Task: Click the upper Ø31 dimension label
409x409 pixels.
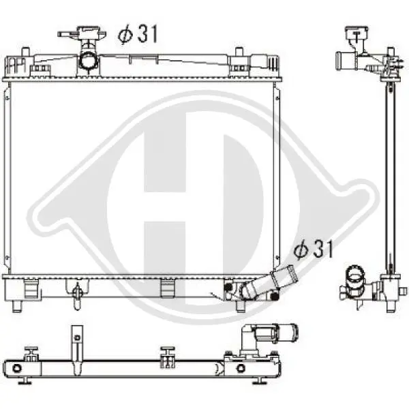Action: point(138,34)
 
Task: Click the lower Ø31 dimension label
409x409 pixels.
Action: point(314,249)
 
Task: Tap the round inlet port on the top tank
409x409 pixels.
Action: point(89,61)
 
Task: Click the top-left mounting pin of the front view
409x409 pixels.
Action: point(25,51)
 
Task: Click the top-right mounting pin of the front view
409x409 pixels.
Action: point(239,51)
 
